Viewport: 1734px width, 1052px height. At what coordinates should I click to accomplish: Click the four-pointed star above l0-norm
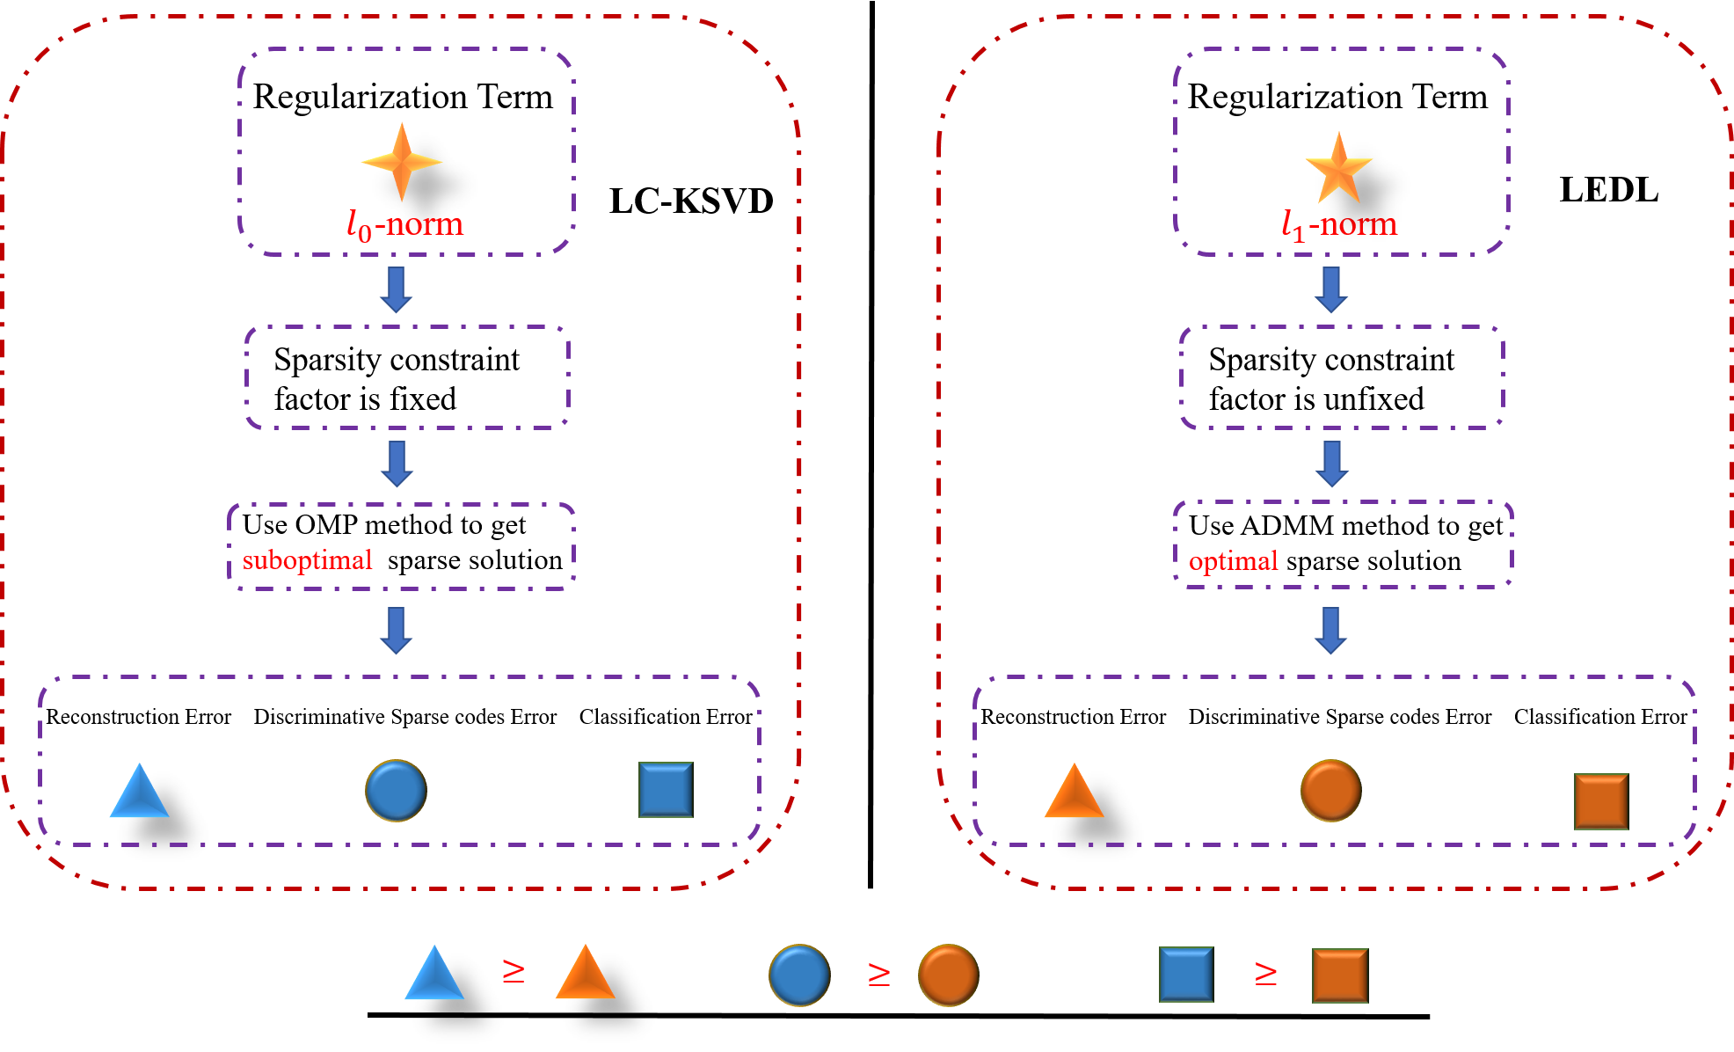(x=402, y=162)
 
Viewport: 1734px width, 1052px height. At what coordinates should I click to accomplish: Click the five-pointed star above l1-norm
(x=1338, y=169)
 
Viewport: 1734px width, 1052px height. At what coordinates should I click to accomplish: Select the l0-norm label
(x=405, y=225)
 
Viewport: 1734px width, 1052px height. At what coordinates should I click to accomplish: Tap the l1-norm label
(x=1339, y=225)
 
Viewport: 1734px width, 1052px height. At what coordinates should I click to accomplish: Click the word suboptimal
(x=307, y=560)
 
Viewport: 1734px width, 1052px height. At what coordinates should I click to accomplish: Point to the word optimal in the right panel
(x=1233, y=561)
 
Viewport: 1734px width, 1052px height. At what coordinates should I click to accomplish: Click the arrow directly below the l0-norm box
(x=397, y=289)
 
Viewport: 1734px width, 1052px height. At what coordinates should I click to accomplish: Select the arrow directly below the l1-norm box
(x=1331, y=289)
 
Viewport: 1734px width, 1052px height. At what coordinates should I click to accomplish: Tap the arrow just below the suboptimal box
(x=397, y=630)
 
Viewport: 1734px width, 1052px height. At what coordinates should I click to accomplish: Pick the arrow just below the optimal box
(x=1331, y=630)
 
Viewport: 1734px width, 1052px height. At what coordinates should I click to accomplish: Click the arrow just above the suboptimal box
(x=397, y=464)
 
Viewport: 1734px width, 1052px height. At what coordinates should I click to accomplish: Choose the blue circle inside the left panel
(x=396, y=790)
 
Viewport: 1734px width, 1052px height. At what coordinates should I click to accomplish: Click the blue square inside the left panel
(x=666, y=790)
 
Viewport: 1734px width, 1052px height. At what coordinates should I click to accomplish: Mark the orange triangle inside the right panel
(x=1074, y=793)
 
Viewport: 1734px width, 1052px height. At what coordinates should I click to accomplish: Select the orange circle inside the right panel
(x=1330, y=790)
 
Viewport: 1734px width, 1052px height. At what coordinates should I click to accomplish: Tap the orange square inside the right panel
(x=1601, y=801)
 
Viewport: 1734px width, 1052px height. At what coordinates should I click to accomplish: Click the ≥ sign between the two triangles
(x=514, y=972)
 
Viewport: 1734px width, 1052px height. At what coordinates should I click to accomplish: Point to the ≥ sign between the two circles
(x=879, y=974)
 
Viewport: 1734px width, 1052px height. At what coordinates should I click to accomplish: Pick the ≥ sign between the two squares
(x=1265, y=973)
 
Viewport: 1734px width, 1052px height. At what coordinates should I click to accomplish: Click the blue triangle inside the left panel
(x=139, y=793)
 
